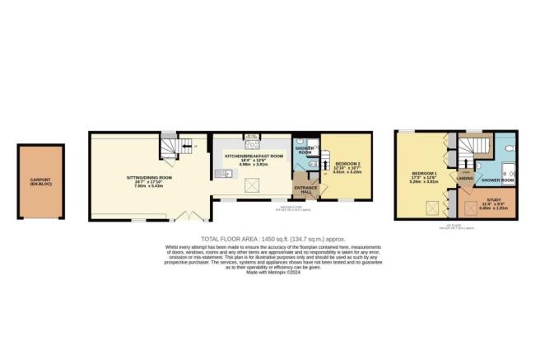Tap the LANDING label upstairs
click(464, 177)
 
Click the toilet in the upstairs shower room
click(510, 149)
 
